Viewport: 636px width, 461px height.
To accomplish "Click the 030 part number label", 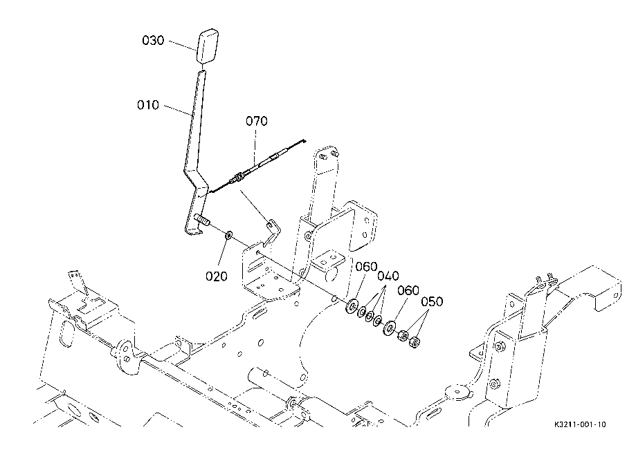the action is click(153, 41).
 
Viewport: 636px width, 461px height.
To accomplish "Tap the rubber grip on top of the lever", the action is click(208, 46).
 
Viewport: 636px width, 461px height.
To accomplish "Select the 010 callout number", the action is click(148, 105).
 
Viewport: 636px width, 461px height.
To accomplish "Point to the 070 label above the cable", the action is click(257, 121).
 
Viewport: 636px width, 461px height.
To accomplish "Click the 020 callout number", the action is click(216, 276).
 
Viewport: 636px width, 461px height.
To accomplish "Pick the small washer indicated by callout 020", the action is click(228, 234).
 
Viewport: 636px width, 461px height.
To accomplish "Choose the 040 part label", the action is click(388, 276).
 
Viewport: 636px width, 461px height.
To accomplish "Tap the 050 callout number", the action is click(432, 302).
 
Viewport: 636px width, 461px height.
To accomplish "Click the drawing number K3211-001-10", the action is click(580, 424).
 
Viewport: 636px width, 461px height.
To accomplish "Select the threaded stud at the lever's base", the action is click(202, 219).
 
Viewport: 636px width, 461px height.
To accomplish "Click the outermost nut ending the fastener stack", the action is click(415, 342).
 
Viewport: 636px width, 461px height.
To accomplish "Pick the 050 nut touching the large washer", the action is click(402, 336).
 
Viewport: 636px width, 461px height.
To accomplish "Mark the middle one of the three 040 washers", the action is click(370, 317).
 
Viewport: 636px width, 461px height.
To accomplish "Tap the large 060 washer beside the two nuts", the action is click(390, 328).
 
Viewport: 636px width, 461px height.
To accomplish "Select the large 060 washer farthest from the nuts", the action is click(352, 306).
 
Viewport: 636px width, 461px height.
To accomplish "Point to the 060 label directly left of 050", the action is click(408, 291).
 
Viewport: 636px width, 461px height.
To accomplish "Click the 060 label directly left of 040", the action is click(366, 267).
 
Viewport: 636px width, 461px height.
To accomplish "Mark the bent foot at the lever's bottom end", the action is click(194, 232).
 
